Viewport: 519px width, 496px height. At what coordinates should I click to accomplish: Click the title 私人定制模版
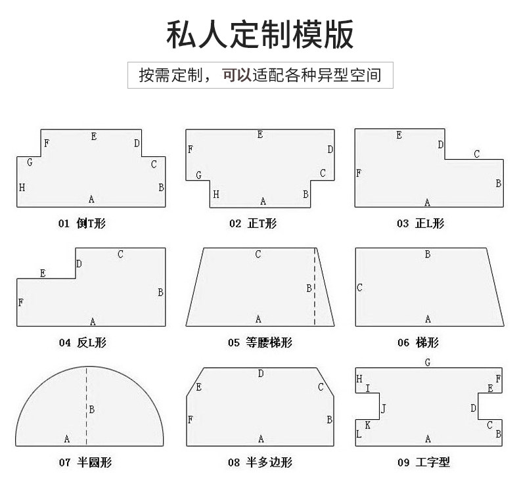(x=259, y=34)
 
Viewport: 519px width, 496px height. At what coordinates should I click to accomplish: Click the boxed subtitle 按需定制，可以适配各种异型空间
(x=259, y=76)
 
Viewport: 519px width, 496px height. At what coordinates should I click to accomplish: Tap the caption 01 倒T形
(x=81, y=223)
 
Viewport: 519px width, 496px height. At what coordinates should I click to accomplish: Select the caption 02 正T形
(x=253, y=223)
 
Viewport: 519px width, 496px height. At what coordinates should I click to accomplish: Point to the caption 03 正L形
(x=420, y=223)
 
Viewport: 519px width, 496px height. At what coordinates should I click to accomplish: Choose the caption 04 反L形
(x=82, y=342)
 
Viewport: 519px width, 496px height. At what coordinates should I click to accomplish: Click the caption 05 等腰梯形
(x=259, y=342)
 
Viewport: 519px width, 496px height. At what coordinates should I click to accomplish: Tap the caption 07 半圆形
(x=85, y=462)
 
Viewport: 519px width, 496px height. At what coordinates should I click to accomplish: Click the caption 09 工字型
(x=423, y=462)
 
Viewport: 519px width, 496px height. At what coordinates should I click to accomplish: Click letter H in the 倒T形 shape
(x=22, y=187)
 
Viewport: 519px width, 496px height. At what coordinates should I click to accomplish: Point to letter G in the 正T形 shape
(x=198, y=175)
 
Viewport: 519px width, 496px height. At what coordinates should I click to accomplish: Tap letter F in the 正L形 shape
(x=359, y=173)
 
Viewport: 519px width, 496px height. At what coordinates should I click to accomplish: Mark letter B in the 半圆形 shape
(x=92, y=409)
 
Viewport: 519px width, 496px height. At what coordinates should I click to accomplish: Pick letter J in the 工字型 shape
(x=384, y=409)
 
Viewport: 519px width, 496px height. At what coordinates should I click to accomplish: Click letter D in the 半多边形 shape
(x=261, y=374)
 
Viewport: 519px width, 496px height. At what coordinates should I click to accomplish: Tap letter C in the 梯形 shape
(x=360, y=288)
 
